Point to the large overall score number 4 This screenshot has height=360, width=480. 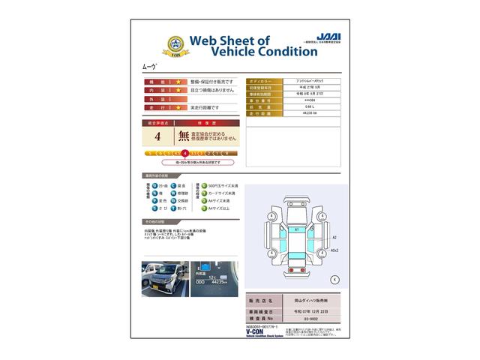[157, 136]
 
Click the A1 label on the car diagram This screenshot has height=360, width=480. [296, 228]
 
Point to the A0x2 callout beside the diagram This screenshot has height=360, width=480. [334, 250]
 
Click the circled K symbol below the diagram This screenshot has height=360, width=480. [334, 279]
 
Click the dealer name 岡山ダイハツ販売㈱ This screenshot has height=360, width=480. [308, 299]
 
